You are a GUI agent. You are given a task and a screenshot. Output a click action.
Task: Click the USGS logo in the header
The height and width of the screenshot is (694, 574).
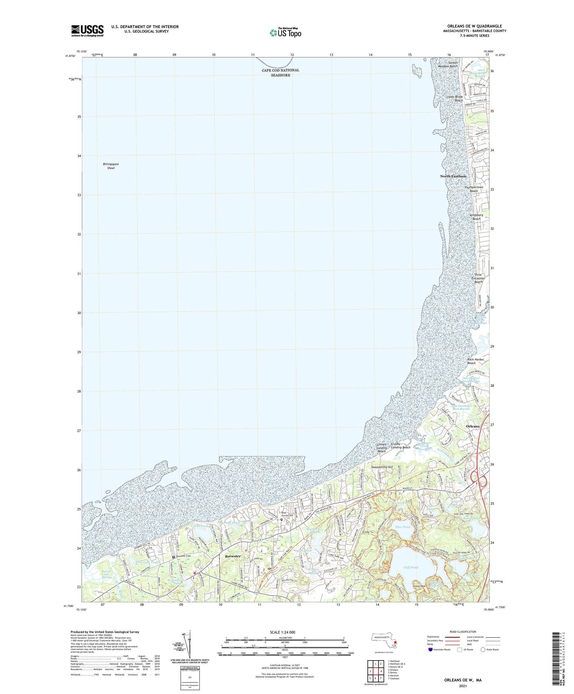(87, 31)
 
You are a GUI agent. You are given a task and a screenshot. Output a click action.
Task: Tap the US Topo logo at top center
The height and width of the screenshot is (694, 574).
(285, 32)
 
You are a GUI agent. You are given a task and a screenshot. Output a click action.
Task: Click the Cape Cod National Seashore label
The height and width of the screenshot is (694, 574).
(280, 72)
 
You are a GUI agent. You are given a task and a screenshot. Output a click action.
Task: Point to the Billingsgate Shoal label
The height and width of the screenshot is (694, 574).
(111, 166)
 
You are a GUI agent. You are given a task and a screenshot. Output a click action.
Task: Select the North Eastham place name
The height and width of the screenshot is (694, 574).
(453, 176)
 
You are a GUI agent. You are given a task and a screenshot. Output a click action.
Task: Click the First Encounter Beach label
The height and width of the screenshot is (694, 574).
(478, 278)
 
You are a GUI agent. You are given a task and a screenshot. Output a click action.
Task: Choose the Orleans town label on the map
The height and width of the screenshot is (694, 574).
(472, 426)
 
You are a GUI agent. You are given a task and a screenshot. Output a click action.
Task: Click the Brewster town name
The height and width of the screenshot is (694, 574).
(233, 556)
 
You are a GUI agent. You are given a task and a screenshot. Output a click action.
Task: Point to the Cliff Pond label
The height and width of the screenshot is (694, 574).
(411, 567)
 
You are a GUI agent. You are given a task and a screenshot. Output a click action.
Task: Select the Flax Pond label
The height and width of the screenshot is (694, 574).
(402, 527)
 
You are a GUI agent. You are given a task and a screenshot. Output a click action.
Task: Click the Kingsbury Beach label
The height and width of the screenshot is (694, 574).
(476, 217)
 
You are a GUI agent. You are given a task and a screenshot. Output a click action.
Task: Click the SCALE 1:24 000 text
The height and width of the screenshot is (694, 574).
(282, 632)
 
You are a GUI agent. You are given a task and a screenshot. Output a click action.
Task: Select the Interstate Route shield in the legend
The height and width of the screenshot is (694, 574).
(431, 649)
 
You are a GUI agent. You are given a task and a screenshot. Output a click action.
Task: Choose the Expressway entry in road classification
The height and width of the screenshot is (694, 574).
(433, 637)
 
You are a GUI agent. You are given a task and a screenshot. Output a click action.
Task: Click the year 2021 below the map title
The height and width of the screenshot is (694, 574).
(462, 686)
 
